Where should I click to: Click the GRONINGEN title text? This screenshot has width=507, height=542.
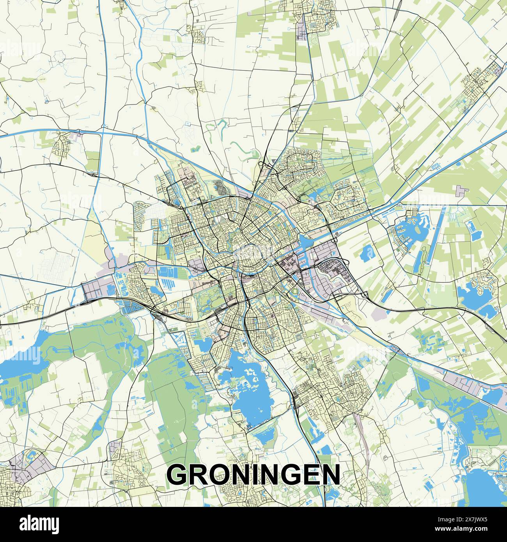(x=253, y=474)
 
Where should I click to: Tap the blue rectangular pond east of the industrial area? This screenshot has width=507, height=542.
(x=367, y=253)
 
